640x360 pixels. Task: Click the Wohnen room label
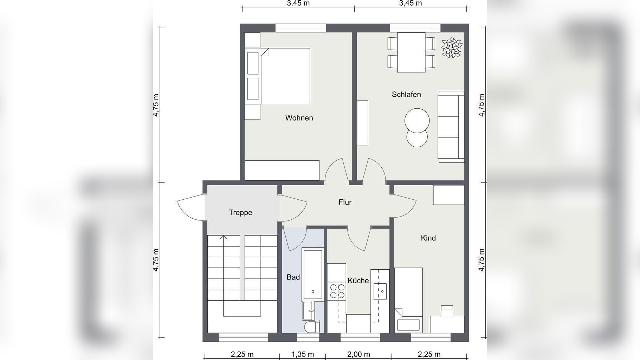coord(299,118)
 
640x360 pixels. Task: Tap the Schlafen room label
coord(406,94)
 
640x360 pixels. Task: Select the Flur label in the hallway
coord(345,202)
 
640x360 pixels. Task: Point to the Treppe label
coord(240,212)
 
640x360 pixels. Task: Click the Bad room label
coord(293,277)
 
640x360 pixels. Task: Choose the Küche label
coord(358,280)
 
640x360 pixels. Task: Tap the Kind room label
coord(428,238)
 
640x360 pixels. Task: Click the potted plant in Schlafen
coord(452,47)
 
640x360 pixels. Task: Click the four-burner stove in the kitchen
coord(337,291)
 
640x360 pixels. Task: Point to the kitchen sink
coord(380,291)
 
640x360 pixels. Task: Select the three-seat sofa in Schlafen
coord(451,127)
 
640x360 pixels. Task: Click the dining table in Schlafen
coord(411,52)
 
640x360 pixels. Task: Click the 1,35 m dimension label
coord(303,354)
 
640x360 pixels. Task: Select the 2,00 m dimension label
coord(358,354)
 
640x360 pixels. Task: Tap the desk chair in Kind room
coord(447,310)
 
